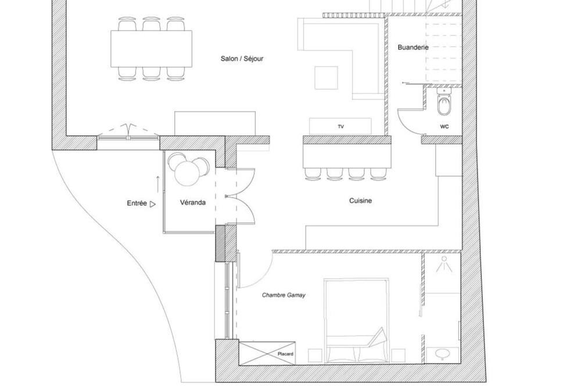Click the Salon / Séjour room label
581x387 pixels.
[242, 59]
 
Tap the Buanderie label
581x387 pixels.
[413, 48]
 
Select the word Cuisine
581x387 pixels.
[361, 200]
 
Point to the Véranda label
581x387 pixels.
[193, 202]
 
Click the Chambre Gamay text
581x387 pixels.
[284, 295]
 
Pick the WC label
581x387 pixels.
[444, 127]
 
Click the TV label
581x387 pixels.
[341, 127]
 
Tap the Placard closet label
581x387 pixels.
[285, 354]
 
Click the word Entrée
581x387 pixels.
[137, 203]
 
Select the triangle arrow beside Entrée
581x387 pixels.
[153, 204]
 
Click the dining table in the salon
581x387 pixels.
[151, 49]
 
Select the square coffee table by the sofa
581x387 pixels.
[326, 78]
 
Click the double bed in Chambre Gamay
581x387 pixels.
[357, 321]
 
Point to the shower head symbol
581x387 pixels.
[444, 264]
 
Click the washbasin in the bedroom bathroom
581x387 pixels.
[442, 354]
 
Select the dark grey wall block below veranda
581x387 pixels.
[220, 243]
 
